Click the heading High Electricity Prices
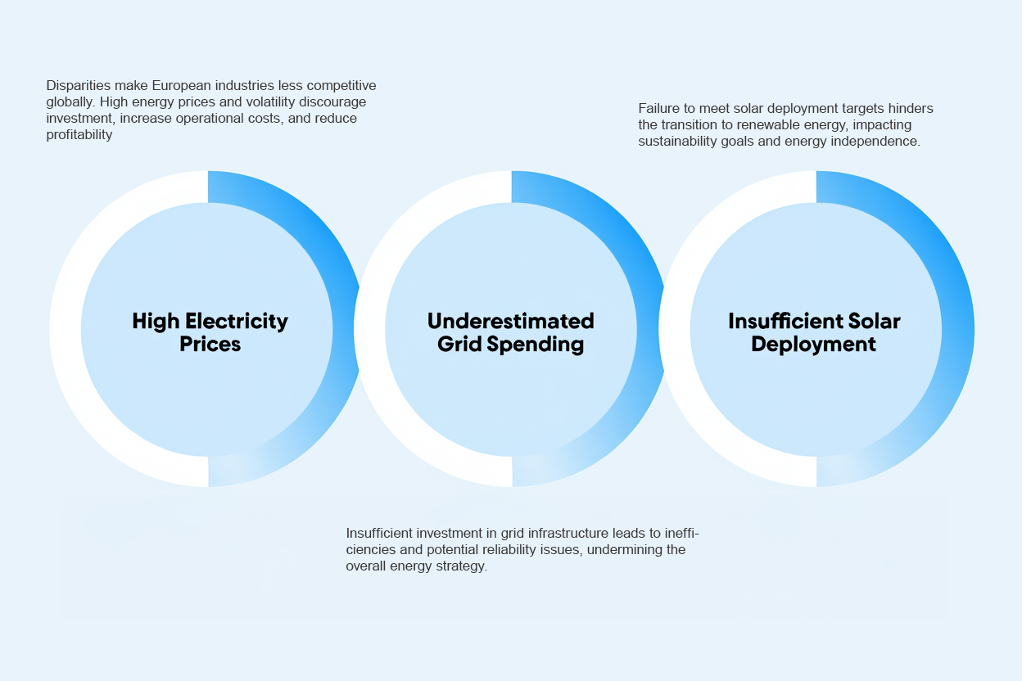210,331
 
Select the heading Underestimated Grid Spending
510,331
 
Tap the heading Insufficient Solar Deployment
814,331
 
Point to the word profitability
79,135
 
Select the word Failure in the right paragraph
659,108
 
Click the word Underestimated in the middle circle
510,320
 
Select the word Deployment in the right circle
813,344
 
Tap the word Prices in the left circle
210,344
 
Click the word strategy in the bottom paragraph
462,566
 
